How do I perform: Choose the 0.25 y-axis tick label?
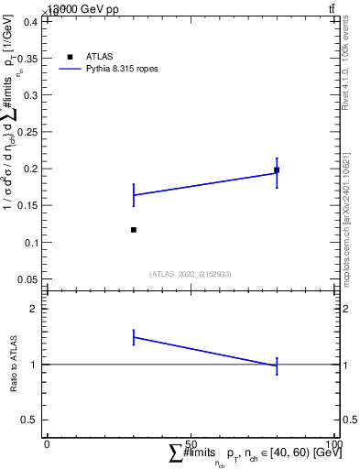pyautogui.click(x=29, y=132)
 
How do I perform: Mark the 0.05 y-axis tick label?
pyautogui.click(x=29, y=278)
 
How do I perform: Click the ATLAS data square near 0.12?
pyautogui.click(x=134, y=229)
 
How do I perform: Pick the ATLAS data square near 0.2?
pyautogui.click(x=277, y=170)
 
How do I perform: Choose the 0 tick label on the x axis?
pyautogui.click(x=47, y=443)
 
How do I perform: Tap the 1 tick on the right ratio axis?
pyautogui.click(x=345, y=365)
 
